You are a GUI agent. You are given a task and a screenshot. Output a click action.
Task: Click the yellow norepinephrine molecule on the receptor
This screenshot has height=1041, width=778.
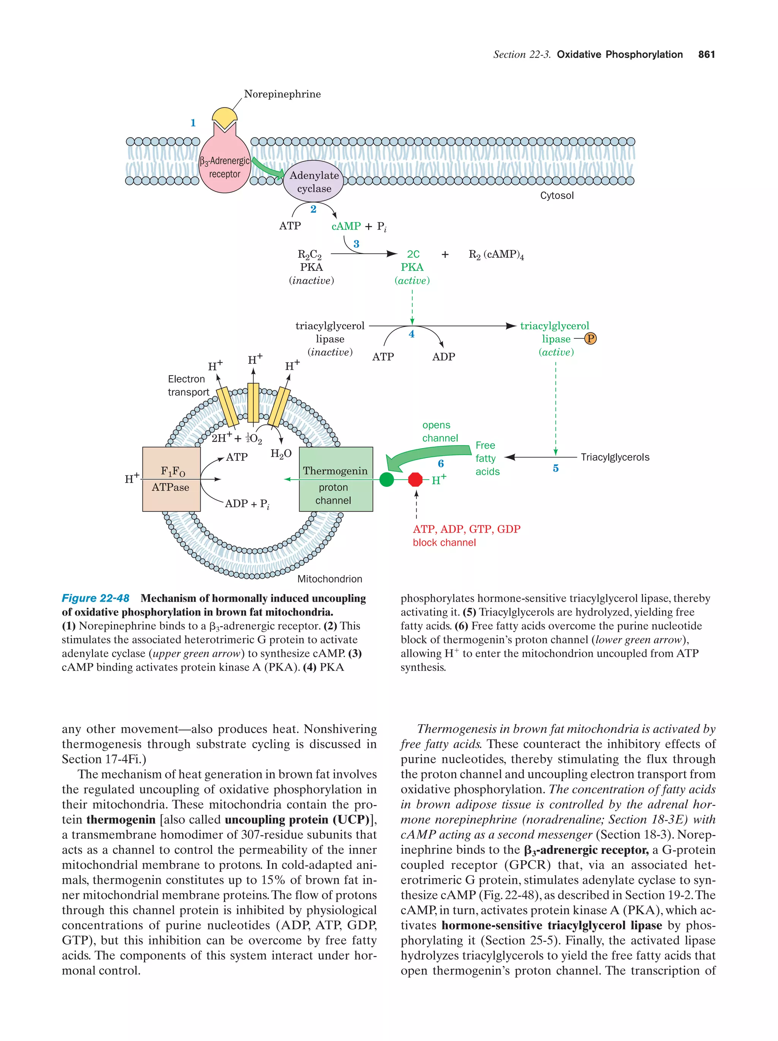click(225, 116)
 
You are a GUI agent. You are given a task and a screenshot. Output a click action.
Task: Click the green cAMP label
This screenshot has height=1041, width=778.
click(346, 226)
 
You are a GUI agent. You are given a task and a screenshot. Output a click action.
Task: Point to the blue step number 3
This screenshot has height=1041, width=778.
click(356, 244)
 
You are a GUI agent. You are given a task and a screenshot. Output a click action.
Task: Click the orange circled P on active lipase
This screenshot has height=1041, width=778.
click(590, 338)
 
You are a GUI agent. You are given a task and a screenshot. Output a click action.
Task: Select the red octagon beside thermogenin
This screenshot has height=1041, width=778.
click(415, 480)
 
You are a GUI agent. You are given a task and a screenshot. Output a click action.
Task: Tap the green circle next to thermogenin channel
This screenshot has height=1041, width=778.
click(386, 480)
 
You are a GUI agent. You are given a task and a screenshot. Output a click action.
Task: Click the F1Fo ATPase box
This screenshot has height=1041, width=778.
click(171, 479)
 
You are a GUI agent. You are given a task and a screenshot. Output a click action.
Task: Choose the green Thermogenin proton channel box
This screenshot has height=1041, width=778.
click(335, 479)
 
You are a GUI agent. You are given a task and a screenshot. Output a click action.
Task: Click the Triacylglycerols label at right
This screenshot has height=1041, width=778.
click(615, 457)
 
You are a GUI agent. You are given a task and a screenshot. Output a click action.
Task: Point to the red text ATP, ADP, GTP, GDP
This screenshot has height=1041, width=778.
click(466, 529)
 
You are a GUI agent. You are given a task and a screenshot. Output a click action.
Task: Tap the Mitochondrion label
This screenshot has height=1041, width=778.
click(329, 579)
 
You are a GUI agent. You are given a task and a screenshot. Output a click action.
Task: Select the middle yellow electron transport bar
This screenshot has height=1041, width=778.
click(253, 402)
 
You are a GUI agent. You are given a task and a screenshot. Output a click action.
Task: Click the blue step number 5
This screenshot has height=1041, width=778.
click(555, 468)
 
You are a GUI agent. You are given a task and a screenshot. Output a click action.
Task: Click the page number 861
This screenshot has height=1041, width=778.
click(706, 55)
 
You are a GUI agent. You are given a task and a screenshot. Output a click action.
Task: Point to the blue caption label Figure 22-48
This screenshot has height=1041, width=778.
click(96, 598)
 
